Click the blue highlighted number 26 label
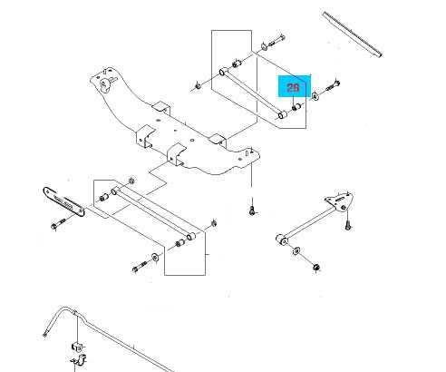[x=293, y=88]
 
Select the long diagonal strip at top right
[x=353, y=34]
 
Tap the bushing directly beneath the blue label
[x=296, y=107]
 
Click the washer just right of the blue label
[x=315, y=96]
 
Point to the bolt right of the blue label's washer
[x=333, y=85]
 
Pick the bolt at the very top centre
[x=276, y=41]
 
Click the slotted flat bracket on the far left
[x=63, y=201]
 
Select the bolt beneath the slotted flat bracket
[x=58, y=224]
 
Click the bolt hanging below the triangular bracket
[x=348, y=224]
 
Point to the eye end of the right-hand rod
[x=283, y=240]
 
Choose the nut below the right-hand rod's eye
[x=316, y=267]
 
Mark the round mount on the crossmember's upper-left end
[x=105, y=83]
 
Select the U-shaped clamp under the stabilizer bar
[x=79, y=359]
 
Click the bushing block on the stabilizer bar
[x=77, y=347]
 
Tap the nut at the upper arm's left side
[x=198, y=86]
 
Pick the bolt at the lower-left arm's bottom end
[x=139, y=267]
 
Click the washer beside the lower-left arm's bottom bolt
[x=155, y=258]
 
